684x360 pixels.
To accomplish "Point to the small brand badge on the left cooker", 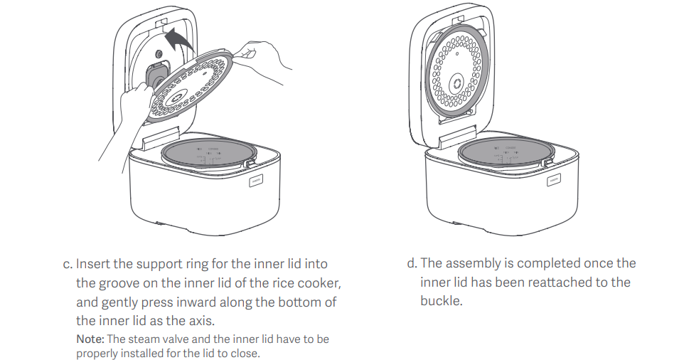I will [254, 181].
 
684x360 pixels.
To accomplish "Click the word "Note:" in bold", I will [91, 339].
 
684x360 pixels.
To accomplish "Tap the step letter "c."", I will [68, 264].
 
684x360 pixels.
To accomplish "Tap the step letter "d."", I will [412, 264].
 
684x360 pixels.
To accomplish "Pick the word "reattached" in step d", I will [559, 282].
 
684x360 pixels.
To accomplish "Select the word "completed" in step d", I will [546, 264].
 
